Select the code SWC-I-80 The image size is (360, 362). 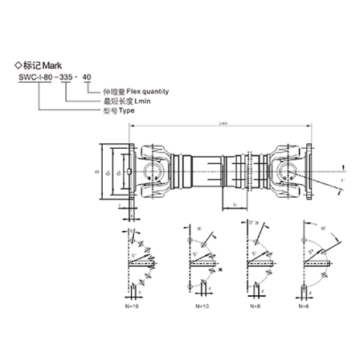tap(33, 78)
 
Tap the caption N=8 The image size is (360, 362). tap(254, 307)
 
